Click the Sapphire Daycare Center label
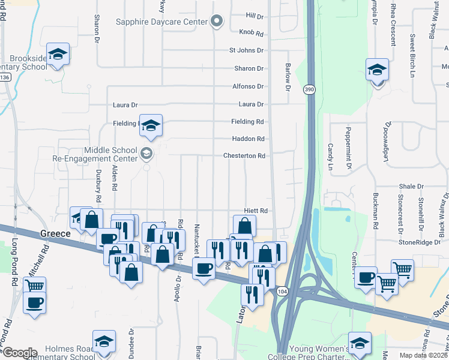click(161, 22)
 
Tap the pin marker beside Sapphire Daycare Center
click(217, 22)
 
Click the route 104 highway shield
click(282, 291)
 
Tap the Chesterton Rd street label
click(244, 156)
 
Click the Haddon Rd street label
click(248, 139)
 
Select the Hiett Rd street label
click(255, 211)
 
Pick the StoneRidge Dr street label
click(419, 242)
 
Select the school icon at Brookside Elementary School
click(58, 54)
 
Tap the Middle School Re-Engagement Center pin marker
click(146, 155)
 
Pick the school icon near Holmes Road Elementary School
click(104, 341)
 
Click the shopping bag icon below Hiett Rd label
click(244, 226)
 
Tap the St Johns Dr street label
click(246, 50)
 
